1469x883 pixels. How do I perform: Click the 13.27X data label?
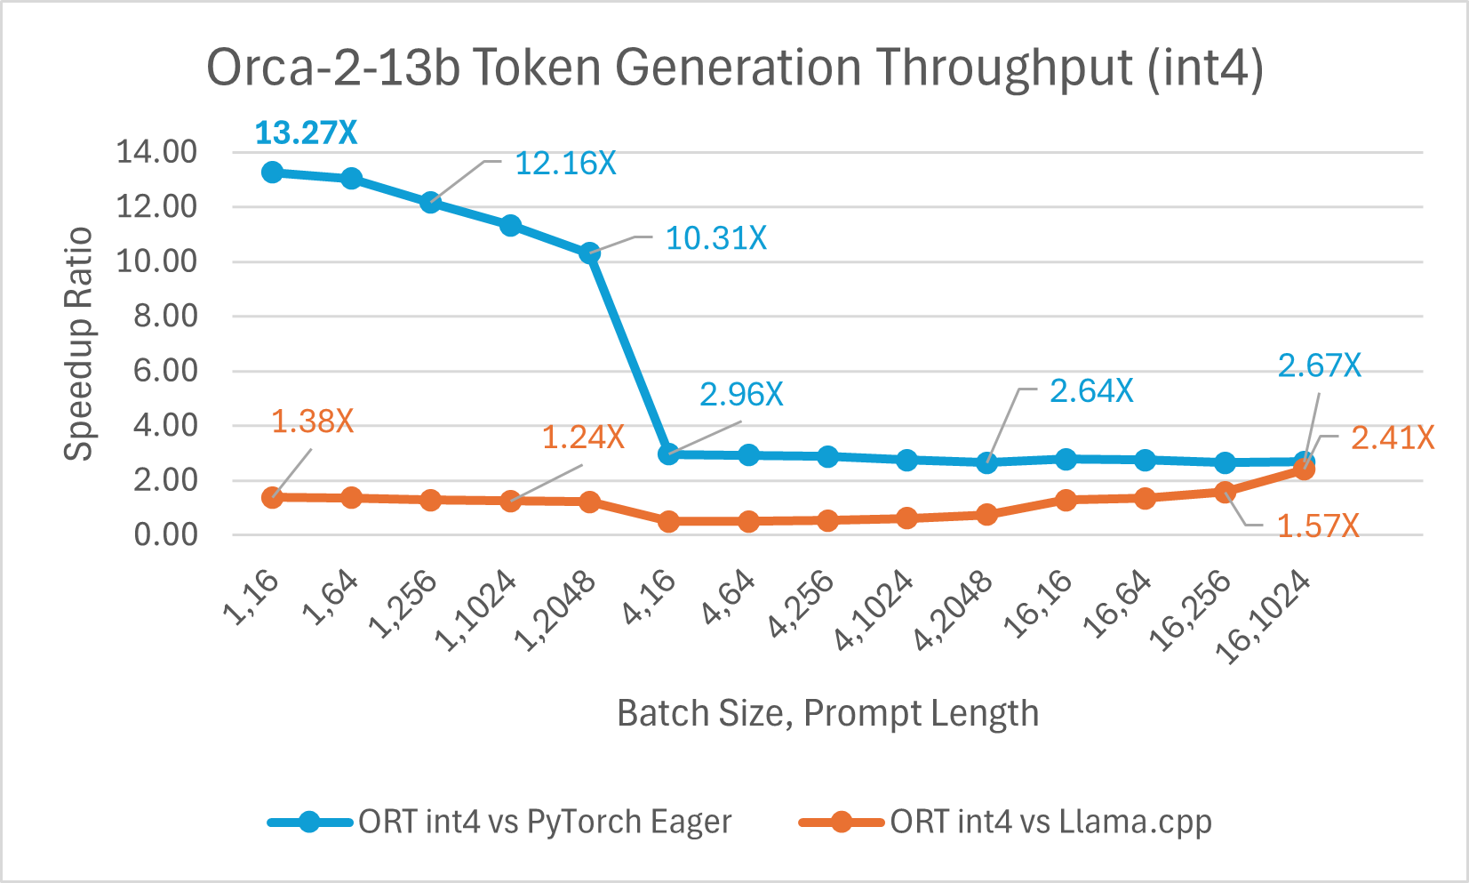pos(306,133)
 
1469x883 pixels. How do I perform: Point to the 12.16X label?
pos(565,164)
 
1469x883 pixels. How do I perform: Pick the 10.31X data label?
pos(715,238)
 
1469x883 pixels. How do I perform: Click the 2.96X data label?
pos(741,394)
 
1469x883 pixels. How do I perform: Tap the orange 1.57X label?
pos(1318,526)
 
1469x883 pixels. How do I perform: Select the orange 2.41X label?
pos(1392,437)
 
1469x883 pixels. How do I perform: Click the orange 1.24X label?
pos(583,437)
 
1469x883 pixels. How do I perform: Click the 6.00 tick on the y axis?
pos(165,371)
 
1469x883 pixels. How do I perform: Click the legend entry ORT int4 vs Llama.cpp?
pos(1050,822)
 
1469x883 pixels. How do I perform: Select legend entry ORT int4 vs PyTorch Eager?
pos(544,822)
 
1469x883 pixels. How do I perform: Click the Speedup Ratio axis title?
pos(79,343)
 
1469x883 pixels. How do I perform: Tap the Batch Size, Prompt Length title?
pos(827,713)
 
